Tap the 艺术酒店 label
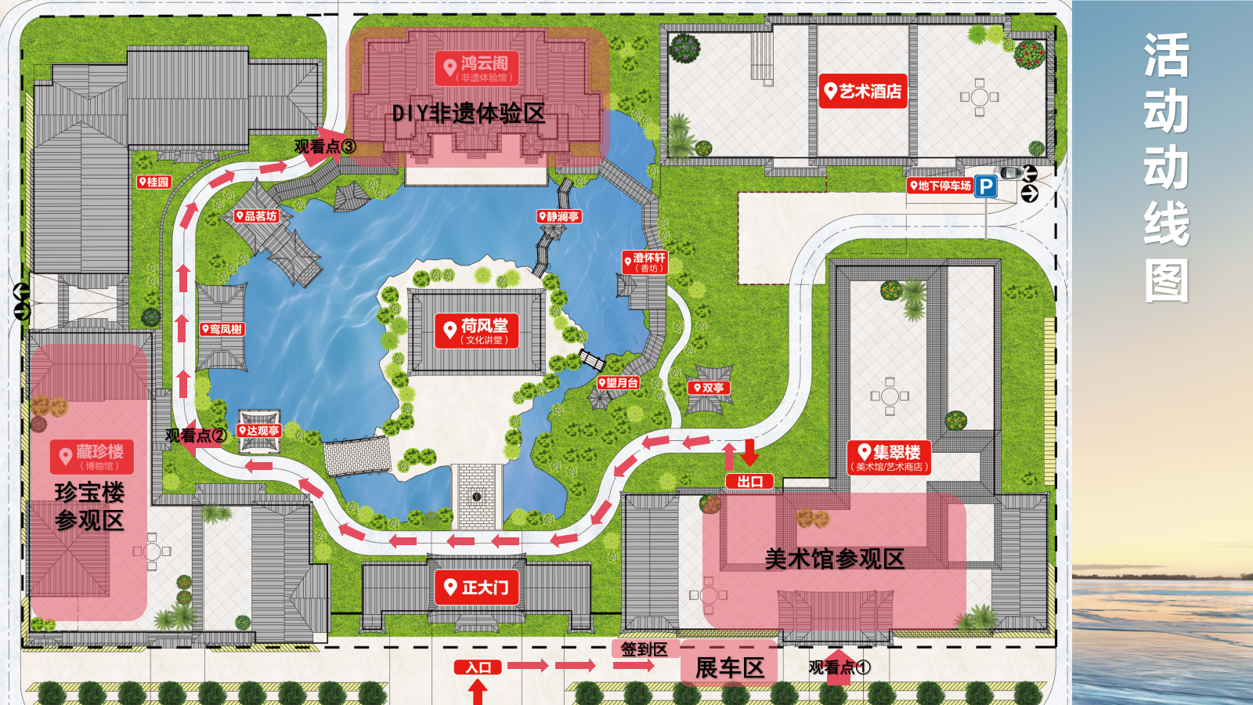tap(862, 92)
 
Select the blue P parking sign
tap(986, 187)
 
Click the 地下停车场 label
tap(940, 186)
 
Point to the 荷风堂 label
tap(476, 330)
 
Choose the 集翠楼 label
tap(890, 457)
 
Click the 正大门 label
tap(476, 587)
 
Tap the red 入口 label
tap(478, 667)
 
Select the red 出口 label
tap(749, 482)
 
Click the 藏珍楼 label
tap(92, 456)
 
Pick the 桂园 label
tap(153, 182)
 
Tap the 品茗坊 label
tap(256, 215)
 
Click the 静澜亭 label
tap(558, 216)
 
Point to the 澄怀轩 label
tap(645, 262)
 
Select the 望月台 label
tap(619, 383)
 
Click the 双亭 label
tap(709, 388)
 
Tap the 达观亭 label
tap(258, 431)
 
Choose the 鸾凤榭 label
tap(222, 329)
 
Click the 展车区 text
tap(729, 668)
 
